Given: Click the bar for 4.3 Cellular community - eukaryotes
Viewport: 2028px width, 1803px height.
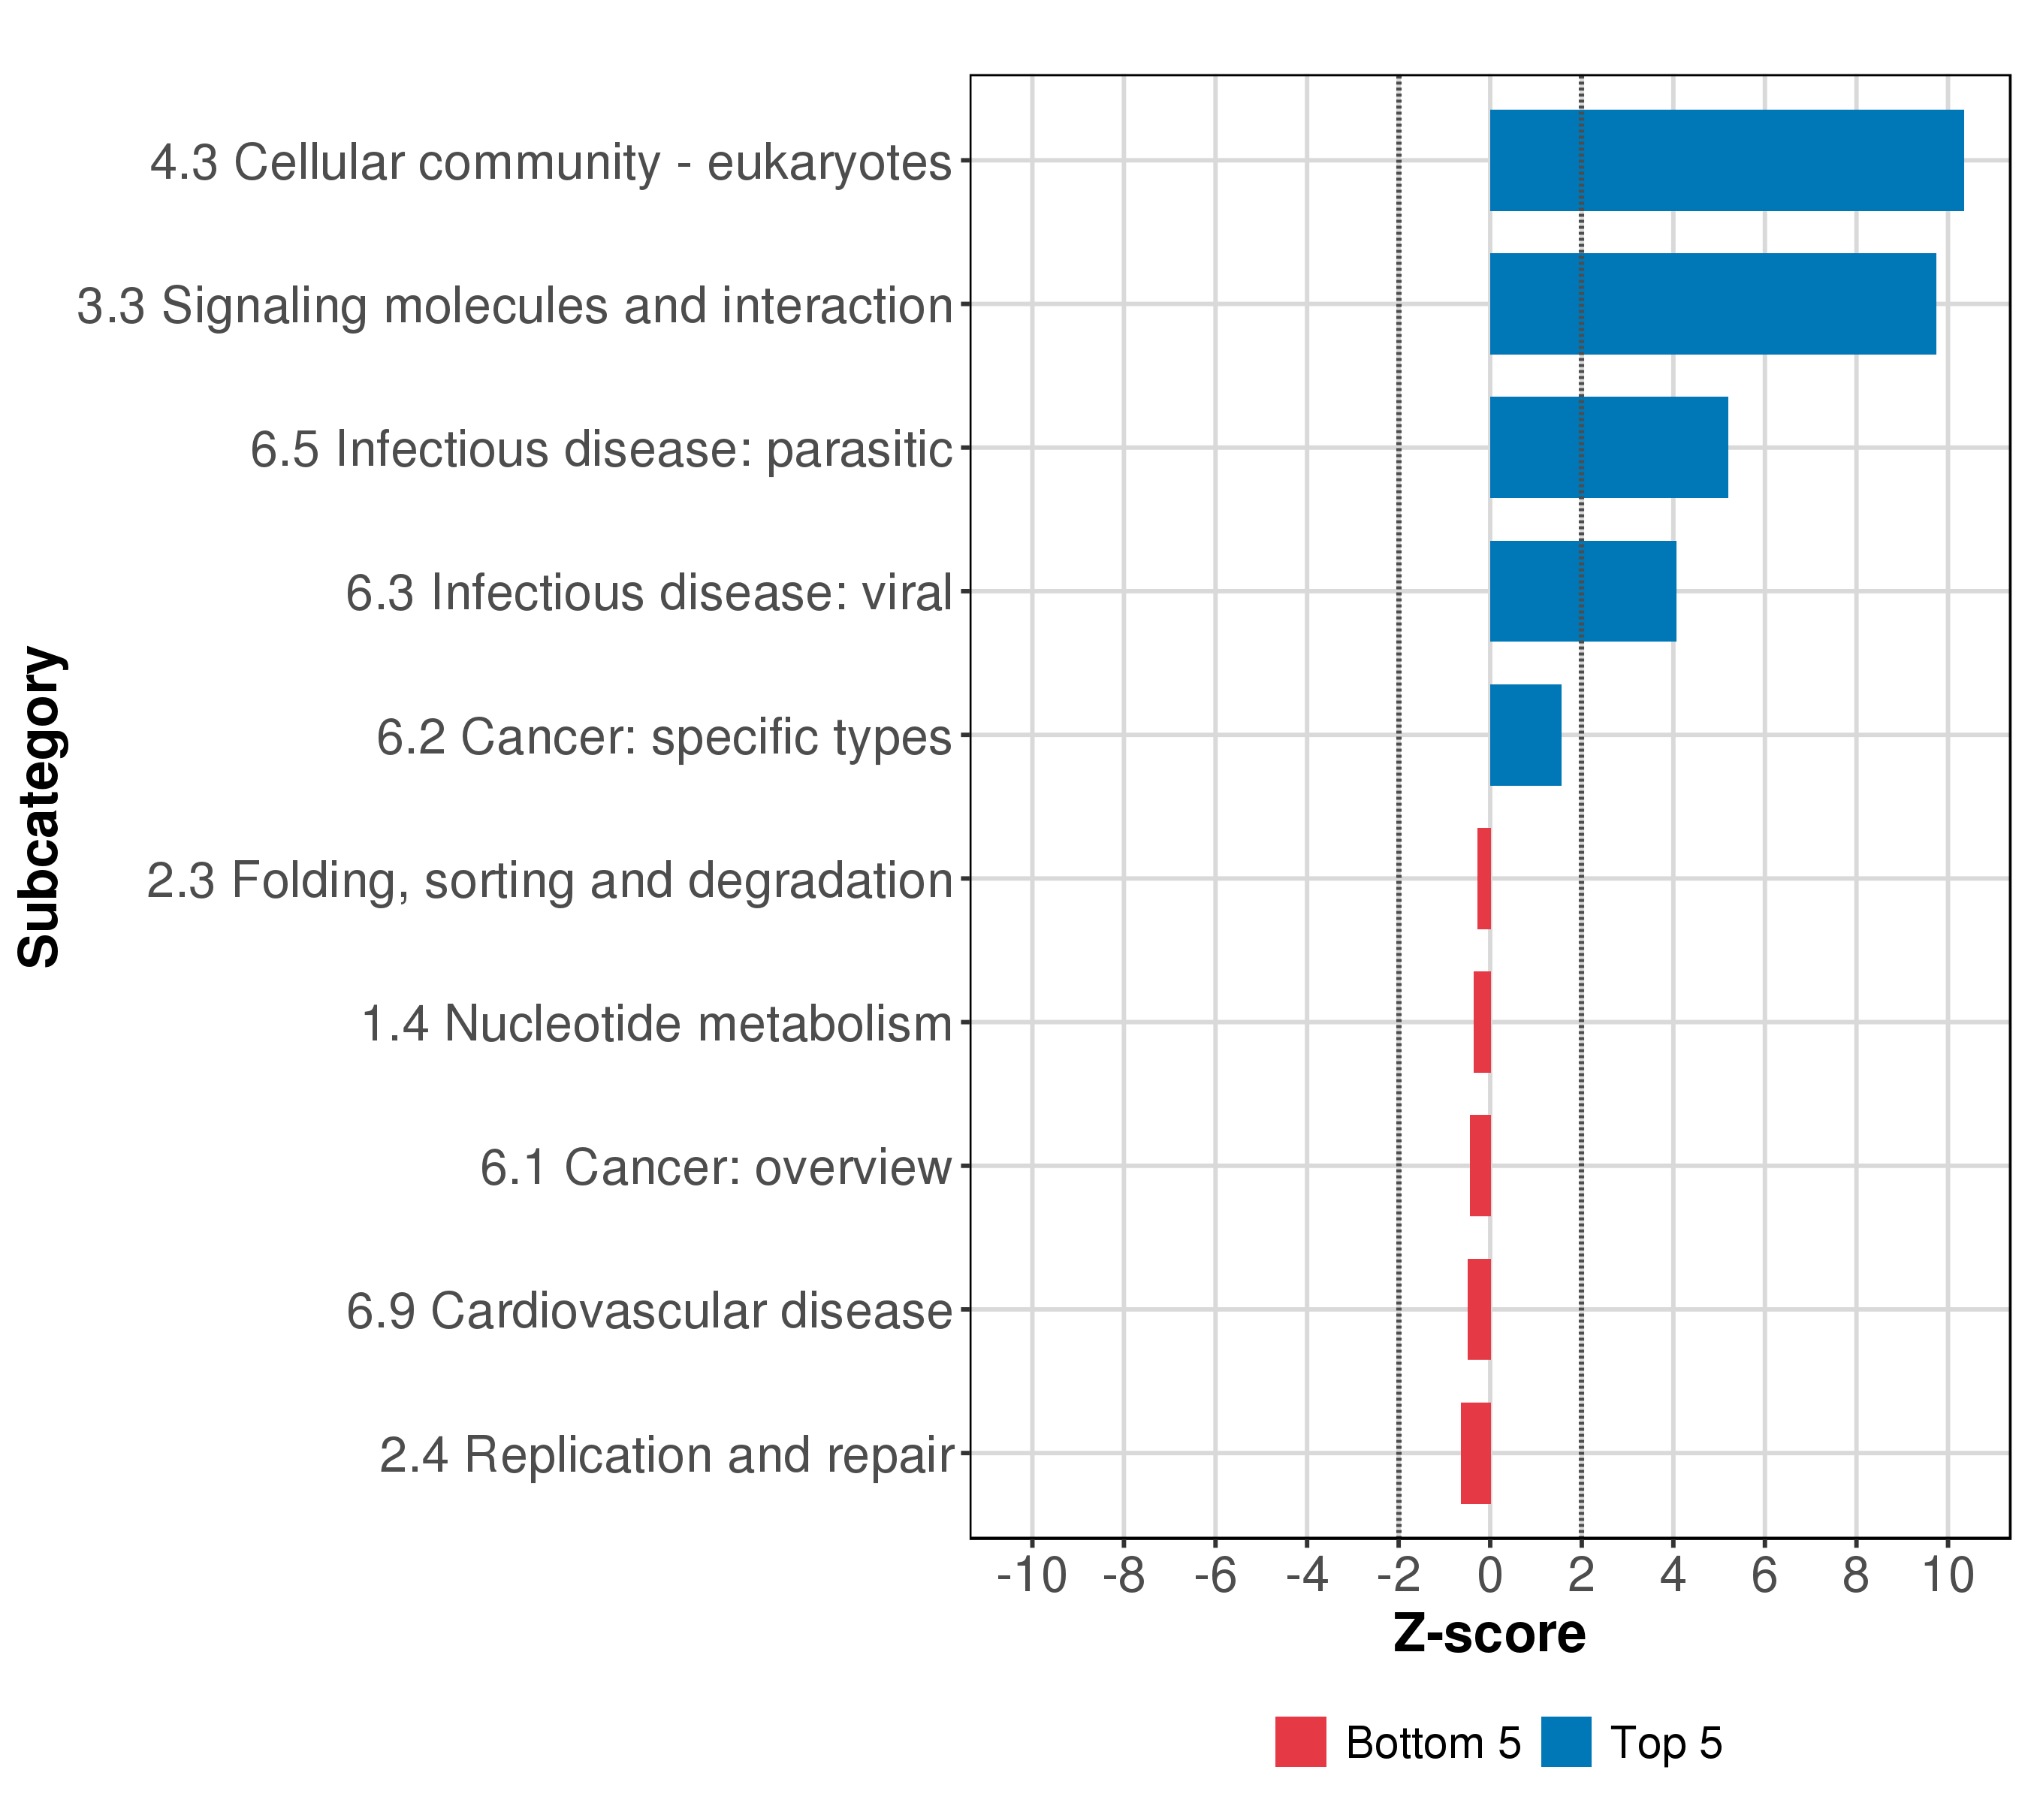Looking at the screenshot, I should tap(1726, 160).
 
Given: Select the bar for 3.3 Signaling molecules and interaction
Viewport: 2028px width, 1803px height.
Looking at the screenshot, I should tap(1713, 304).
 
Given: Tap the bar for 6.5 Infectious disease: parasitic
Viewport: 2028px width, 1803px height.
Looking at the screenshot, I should tap(1608, 448).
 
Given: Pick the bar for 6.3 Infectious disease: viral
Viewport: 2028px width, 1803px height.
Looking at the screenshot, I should tap(1583, 591).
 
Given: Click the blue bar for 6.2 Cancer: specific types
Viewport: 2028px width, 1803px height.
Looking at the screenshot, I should tap(1525, 735).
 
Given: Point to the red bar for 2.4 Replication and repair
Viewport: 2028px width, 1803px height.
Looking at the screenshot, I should tap(1475, 1453).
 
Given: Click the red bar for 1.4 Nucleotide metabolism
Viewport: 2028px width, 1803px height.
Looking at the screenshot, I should tap(1482, 1022).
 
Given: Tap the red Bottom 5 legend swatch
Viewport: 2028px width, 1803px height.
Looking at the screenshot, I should tap(1301, 1741).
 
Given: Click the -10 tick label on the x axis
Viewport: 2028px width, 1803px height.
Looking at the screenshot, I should tap(1032, 1576).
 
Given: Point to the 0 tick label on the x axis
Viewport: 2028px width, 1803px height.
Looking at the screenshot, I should tap(1489, 1576).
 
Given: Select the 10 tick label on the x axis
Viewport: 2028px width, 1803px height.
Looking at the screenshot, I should tap(1948, 1576).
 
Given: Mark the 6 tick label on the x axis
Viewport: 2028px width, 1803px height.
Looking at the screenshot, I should tap(1764, 1576).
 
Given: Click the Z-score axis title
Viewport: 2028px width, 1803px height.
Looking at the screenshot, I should tap(1489, 1634).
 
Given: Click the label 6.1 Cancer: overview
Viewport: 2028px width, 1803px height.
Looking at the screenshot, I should tap(715, 1167).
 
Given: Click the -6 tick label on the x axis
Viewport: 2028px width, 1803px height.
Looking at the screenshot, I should tap(1215, 1576).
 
